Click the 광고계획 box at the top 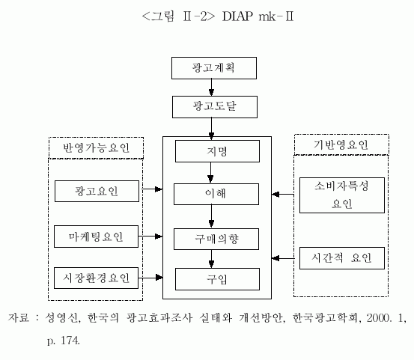[x=214, y=68]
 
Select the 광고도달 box [x=215, y=107]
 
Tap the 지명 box [x=217, y=151]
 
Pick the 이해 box [x=216, y=195]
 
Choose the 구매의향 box [x=216, y=239]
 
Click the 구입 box [x=217, y=279]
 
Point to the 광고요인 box [x=97, y=192]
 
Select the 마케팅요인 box [x=96, y=237]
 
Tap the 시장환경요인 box [x=96, y=278]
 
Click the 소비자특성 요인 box [x=342, y=195]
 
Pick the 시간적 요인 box [x=342, y=258]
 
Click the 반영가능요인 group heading [x=96, y=147]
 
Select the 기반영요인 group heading [x=341, y=144]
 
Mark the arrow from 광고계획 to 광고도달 [x=211, y=88]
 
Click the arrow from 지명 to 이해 [x=210, y=173]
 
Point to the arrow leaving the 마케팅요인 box [x=150, y=237]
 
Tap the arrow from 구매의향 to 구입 [x=211, y=259]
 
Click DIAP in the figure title [x=237, y=16]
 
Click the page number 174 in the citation [x=70, y=341]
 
